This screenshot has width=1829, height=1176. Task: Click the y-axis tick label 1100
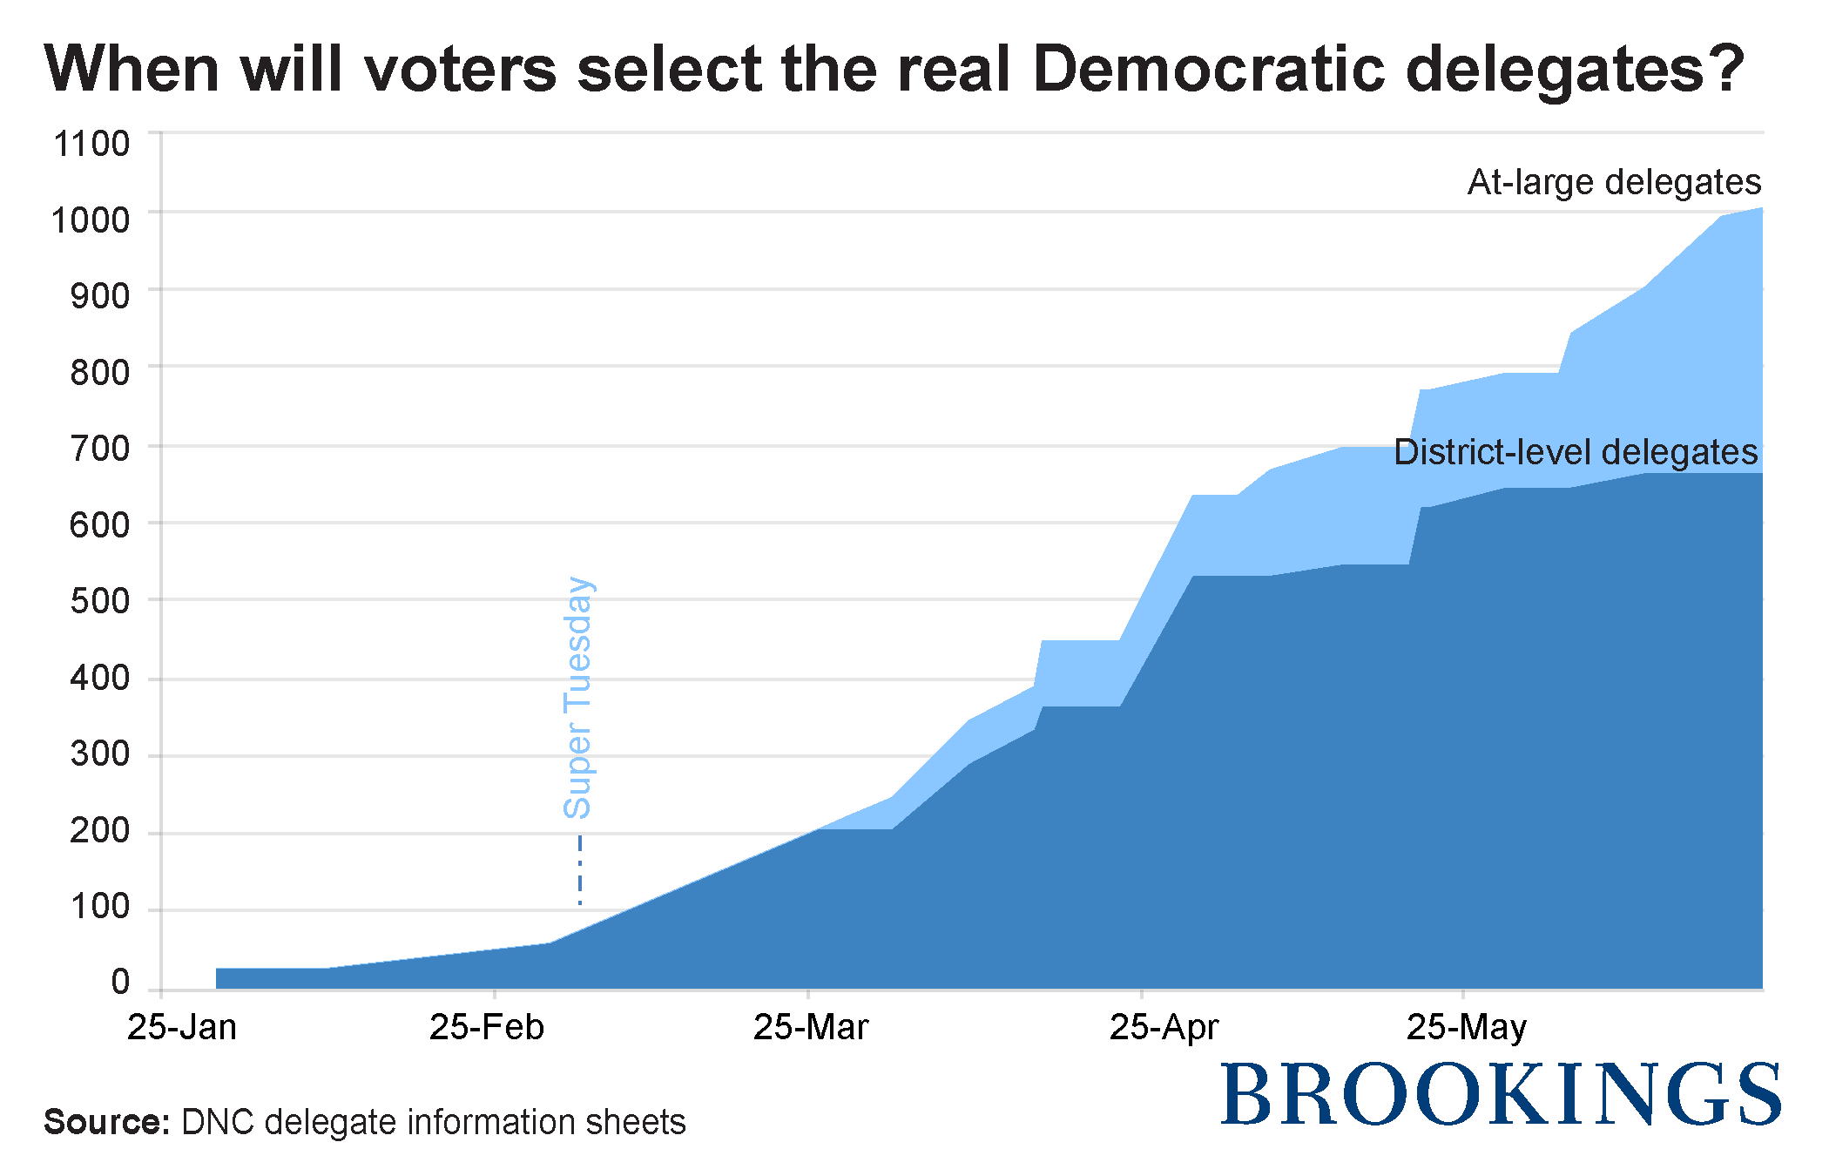tap(91, 144)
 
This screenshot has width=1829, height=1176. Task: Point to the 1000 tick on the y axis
tap(91, 220)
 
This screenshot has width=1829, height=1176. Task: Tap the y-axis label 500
tap(99, 601)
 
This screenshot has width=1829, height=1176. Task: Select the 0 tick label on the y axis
tap(120, 982)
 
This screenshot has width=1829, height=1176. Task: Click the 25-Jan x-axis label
tap(182, 1028)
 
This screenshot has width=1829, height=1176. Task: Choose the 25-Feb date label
tap(486, 1028)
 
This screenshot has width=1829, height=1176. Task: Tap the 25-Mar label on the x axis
tap(810, 1028)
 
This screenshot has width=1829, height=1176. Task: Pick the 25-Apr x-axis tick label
tap(1164, 1028)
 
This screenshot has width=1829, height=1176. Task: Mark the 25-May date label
tap(1466, 1028)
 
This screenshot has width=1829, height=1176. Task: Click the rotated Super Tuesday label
tap(577, 698)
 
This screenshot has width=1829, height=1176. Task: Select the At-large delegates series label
tap(1614, 182)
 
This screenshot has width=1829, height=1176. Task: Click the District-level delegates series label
tap(1576, 452)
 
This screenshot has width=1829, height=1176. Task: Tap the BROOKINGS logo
tap(1501, 1094)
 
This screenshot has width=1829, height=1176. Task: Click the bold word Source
tap(106, 1122)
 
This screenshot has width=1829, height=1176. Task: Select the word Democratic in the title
tap(1208, 69)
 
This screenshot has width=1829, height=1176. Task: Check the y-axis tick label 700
tap(99, 449)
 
